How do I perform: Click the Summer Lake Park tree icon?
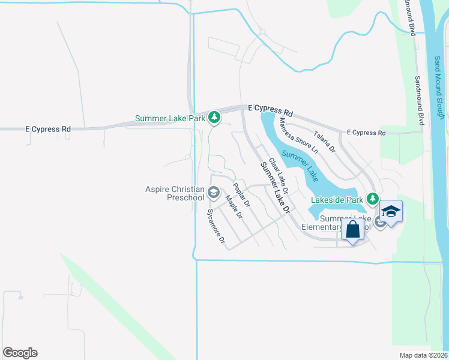click(x=214, y=118)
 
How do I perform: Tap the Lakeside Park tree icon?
click(x=373, y=199)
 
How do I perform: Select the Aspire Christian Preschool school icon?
click(x=214, y=193)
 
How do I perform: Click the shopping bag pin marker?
click(x=352, y=229)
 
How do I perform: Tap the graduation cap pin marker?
click(x=390, y=212)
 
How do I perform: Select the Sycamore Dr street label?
click(x=215, y=227)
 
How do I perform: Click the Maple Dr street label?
click(x=233, y=206)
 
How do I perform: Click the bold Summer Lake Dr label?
click(x=275, y=188)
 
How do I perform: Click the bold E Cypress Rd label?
click(x=271, y=111)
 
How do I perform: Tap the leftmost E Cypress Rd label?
click(x=48, y=129)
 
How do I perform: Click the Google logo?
click(x=20, y=353)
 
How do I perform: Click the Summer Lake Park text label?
click(x=170, y=118)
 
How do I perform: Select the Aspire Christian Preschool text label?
click(x=175, y=193)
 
